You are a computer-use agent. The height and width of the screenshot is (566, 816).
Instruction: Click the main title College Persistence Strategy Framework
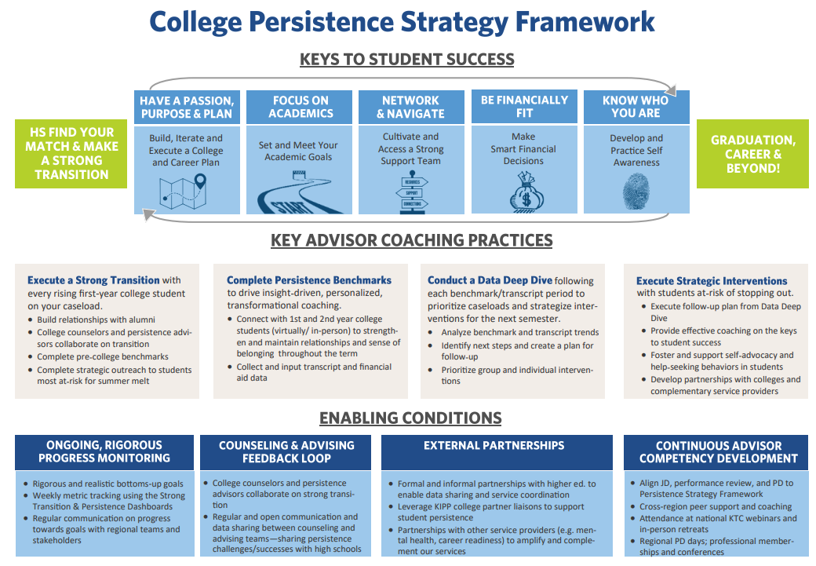click(x=402, y=21)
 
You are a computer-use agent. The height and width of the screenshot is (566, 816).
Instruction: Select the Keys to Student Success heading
click(x=406, y=60)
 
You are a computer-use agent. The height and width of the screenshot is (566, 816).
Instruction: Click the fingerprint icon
click(x=636, y=193)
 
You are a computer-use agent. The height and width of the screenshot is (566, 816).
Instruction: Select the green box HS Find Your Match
click(x=71, y=154)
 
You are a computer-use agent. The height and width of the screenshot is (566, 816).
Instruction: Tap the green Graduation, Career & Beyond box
click(x=752, y=154)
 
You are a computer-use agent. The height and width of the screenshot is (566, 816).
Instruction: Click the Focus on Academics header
click(x=301, y=107)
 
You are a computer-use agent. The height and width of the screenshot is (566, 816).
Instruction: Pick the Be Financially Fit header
click(x=524, y=107)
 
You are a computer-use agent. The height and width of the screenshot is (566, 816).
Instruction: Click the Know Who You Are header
click(x=636, y=107)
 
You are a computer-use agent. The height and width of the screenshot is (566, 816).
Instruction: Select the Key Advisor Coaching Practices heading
click(x=412, y=241)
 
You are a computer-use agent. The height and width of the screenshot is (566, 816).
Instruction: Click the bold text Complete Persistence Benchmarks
click(x=308, y=280)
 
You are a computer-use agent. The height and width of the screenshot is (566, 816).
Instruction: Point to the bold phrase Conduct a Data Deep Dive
click(x=490, y=280)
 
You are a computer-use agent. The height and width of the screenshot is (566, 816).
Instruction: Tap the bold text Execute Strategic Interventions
click(x=712, y=281)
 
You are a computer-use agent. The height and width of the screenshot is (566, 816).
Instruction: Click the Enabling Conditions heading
click(x=410, y=418)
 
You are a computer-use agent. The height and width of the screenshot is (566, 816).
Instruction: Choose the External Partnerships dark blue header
click(x=494, y=446)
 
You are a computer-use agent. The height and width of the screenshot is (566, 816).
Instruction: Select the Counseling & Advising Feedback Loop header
click(x=286, y=451)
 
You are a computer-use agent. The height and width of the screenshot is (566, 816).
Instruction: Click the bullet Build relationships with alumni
click(x=96, y=320)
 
